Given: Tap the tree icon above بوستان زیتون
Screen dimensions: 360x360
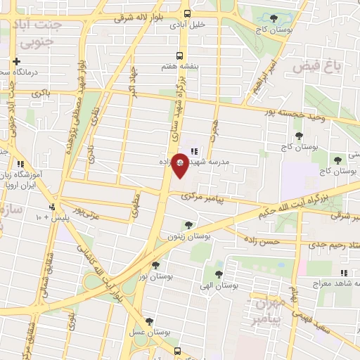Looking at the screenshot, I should tap(188, 225).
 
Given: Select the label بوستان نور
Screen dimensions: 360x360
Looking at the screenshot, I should tap(156, 277).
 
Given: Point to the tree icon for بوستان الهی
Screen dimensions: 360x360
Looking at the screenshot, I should tap(219, 275).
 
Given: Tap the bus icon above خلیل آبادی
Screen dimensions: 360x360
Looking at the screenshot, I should tap(187, 13).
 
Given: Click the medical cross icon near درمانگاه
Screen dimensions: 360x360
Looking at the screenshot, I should tap(16, 61).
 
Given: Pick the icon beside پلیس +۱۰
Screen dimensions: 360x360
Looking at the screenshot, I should tap(53, 207).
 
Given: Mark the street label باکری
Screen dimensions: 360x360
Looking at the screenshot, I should tap(41, 93).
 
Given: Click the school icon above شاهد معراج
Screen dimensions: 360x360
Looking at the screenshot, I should tap(342, 273).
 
